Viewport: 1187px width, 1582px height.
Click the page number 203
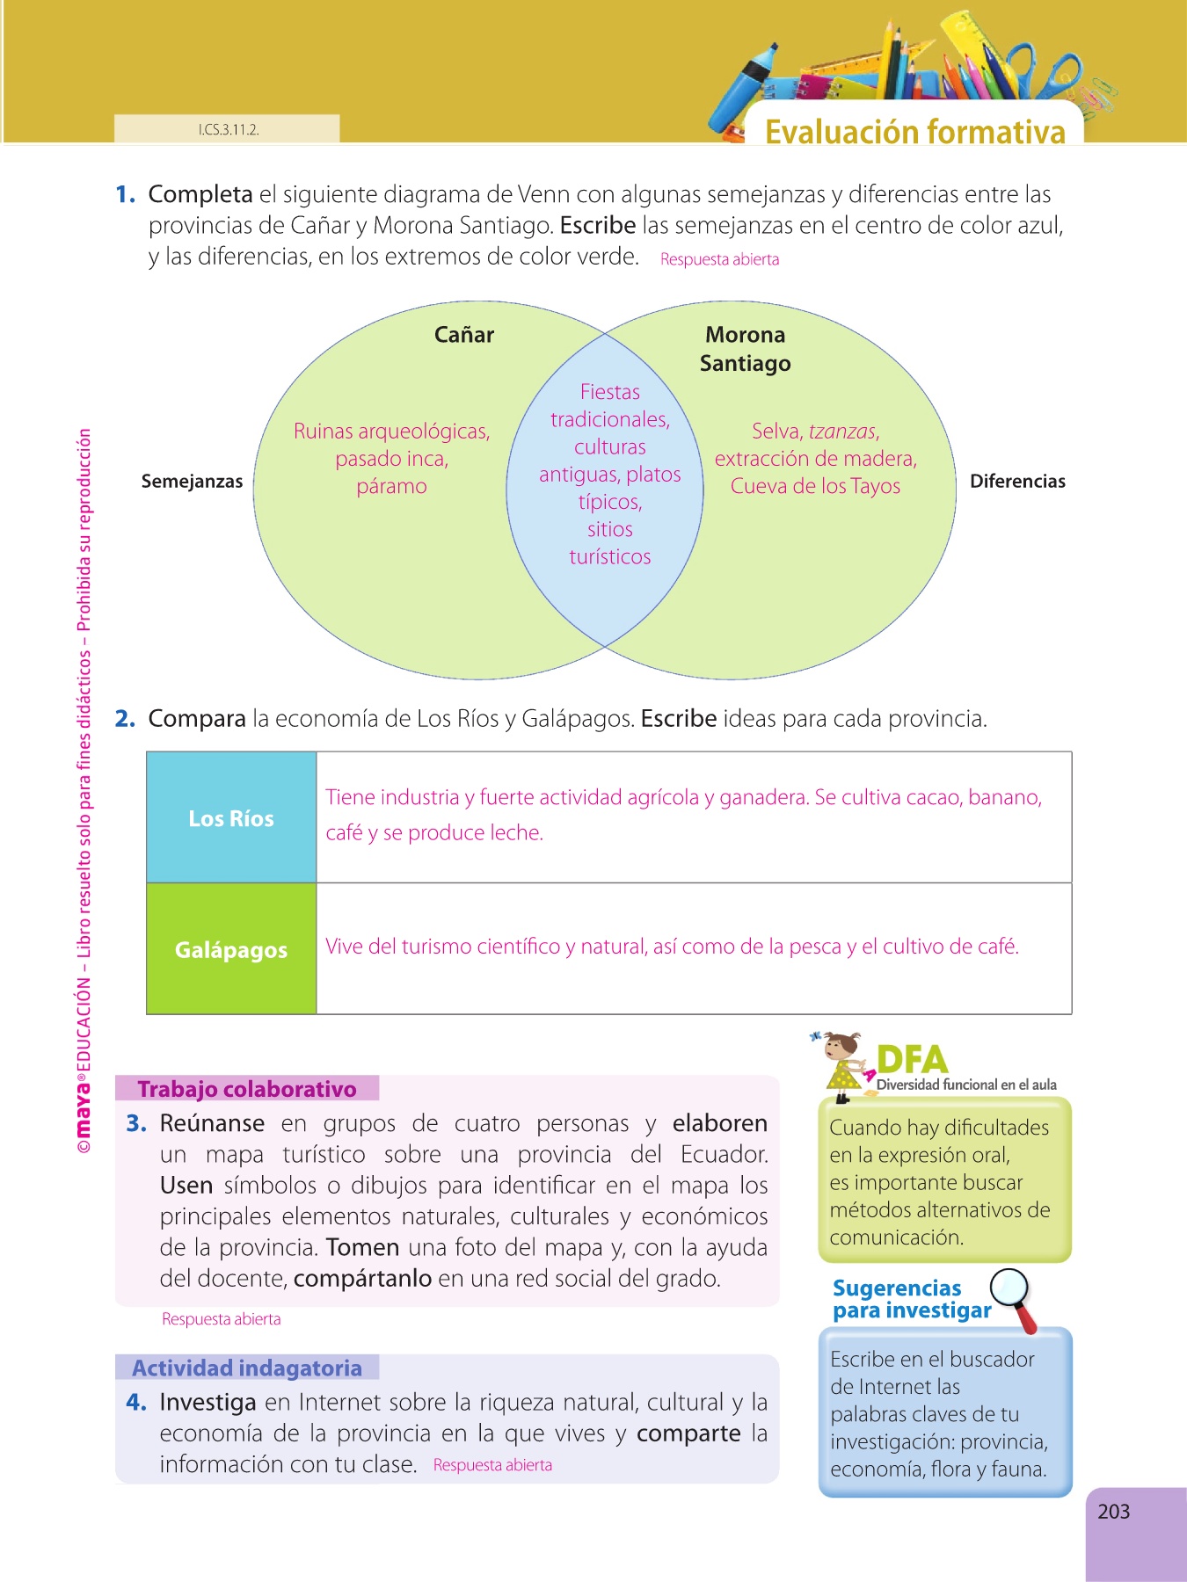(x=1113, y=1512)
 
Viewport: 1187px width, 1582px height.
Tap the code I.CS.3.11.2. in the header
(x=229, y=130)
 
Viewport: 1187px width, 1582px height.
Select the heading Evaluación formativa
(x=914, y=132)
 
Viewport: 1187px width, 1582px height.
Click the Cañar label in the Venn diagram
(x=464, y=335)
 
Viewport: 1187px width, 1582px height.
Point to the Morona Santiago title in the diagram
(x=745, y=349)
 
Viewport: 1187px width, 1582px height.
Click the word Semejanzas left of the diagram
(x=192, y=482)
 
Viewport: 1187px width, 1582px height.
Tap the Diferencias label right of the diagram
(x=1017, y=482)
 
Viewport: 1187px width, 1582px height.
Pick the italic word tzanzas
(x=842, y=432)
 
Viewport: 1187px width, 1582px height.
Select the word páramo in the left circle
(x=391, y=487)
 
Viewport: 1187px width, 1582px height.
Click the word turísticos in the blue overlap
(x=610, y=557)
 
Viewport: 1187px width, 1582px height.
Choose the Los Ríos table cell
(x=231, y=818)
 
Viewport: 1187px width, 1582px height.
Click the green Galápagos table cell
(x=231, y=950)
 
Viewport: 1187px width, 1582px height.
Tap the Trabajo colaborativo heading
(x=247, y=1089)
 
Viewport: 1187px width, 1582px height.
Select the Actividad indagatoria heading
(x=247, y=1368)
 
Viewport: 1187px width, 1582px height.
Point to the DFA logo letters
(x=912, y=1059)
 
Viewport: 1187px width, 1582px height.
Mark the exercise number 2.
(x=125, y=719)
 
